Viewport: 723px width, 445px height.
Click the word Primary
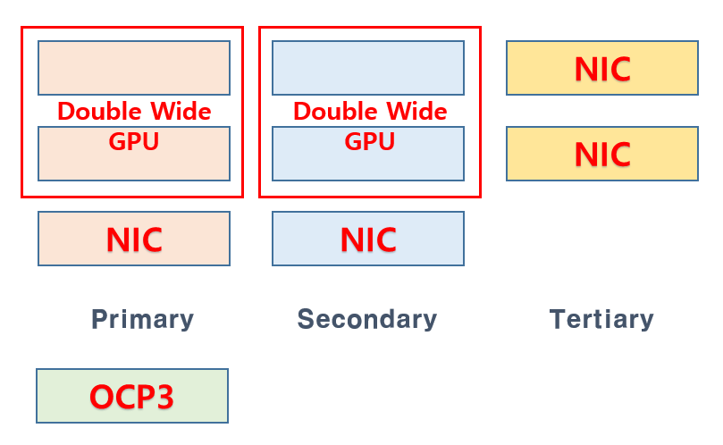(142, 319)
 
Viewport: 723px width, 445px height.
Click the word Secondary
(366, 319)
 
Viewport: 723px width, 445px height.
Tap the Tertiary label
(601, 319)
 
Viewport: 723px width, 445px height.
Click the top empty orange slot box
(134, 67)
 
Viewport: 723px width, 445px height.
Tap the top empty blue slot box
(368, 67)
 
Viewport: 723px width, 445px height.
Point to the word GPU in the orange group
(133, 142)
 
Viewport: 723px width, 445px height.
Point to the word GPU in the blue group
(369, 142)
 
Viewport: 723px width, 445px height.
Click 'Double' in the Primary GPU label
(99, 112)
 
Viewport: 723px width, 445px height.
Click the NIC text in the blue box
(368, 239)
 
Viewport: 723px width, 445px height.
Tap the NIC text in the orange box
(134, 239)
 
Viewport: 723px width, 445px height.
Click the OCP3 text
(131, 397)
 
